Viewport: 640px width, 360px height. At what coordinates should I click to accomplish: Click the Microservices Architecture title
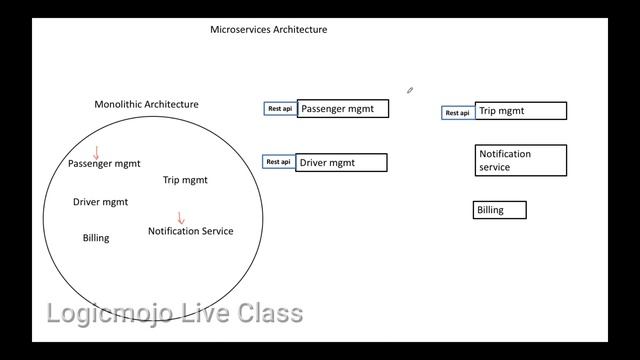[268, 30]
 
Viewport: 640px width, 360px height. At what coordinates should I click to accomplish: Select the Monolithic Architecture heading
[146, 104]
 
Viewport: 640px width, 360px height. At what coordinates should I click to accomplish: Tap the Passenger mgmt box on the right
[342, 109]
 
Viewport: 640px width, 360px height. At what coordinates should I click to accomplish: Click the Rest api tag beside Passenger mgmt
[280, 109]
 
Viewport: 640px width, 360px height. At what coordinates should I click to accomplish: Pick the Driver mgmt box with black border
[341, 162]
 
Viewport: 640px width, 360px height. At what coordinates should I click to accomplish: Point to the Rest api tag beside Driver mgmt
[279, 162]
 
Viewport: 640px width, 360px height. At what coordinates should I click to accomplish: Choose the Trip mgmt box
[520, 111]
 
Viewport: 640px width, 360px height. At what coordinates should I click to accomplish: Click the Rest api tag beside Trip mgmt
[457, 113]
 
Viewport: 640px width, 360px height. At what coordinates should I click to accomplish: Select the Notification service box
[520, 160]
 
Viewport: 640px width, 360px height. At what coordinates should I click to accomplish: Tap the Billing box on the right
[499, 210]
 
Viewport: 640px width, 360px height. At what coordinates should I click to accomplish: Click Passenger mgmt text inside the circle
[104, 163]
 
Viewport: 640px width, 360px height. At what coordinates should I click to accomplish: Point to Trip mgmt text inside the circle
[185, 180]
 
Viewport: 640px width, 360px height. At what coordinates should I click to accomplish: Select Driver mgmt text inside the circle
[100, 202]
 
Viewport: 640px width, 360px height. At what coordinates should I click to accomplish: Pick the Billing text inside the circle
[96, 238]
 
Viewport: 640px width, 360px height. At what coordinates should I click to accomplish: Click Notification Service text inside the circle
[190, 231]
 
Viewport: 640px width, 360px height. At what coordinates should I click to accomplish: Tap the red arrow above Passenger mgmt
[97, 153]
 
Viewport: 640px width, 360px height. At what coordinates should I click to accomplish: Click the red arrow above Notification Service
[181, 218]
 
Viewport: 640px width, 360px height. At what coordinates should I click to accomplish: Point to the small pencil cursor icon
[410, 91]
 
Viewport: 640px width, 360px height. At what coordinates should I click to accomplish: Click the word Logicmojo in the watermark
[107, 314]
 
